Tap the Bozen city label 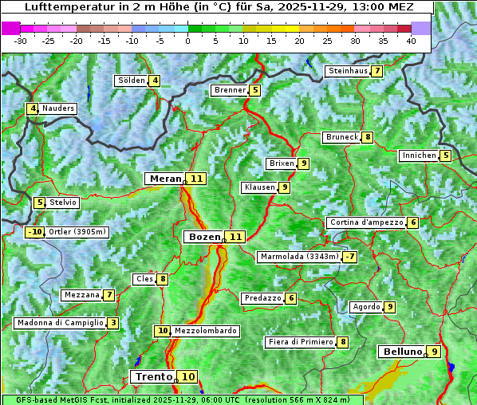[203, 237]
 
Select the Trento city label [154, 376]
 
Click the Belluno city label [401, 352]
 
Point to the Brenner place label [230, 90]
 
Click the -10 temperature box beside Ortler [34, 232]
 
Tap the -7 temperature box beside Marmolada [349, 257]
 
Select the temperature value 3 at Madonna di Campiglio [113, 323]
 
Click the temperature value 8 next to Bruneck [367, 137]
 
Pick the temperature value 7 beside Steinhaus [376, 71]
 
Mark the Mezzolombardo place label [205, 331]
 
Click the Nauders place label [58, 108]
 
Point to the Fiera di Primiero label [300, 342]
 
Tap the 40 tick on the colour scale [411, 41]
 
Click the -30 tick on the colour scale [21, 41]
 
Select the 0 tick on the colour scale [187, 41]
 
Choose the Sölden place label [132, 80]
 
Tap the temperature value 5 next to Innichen [445, 155]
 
